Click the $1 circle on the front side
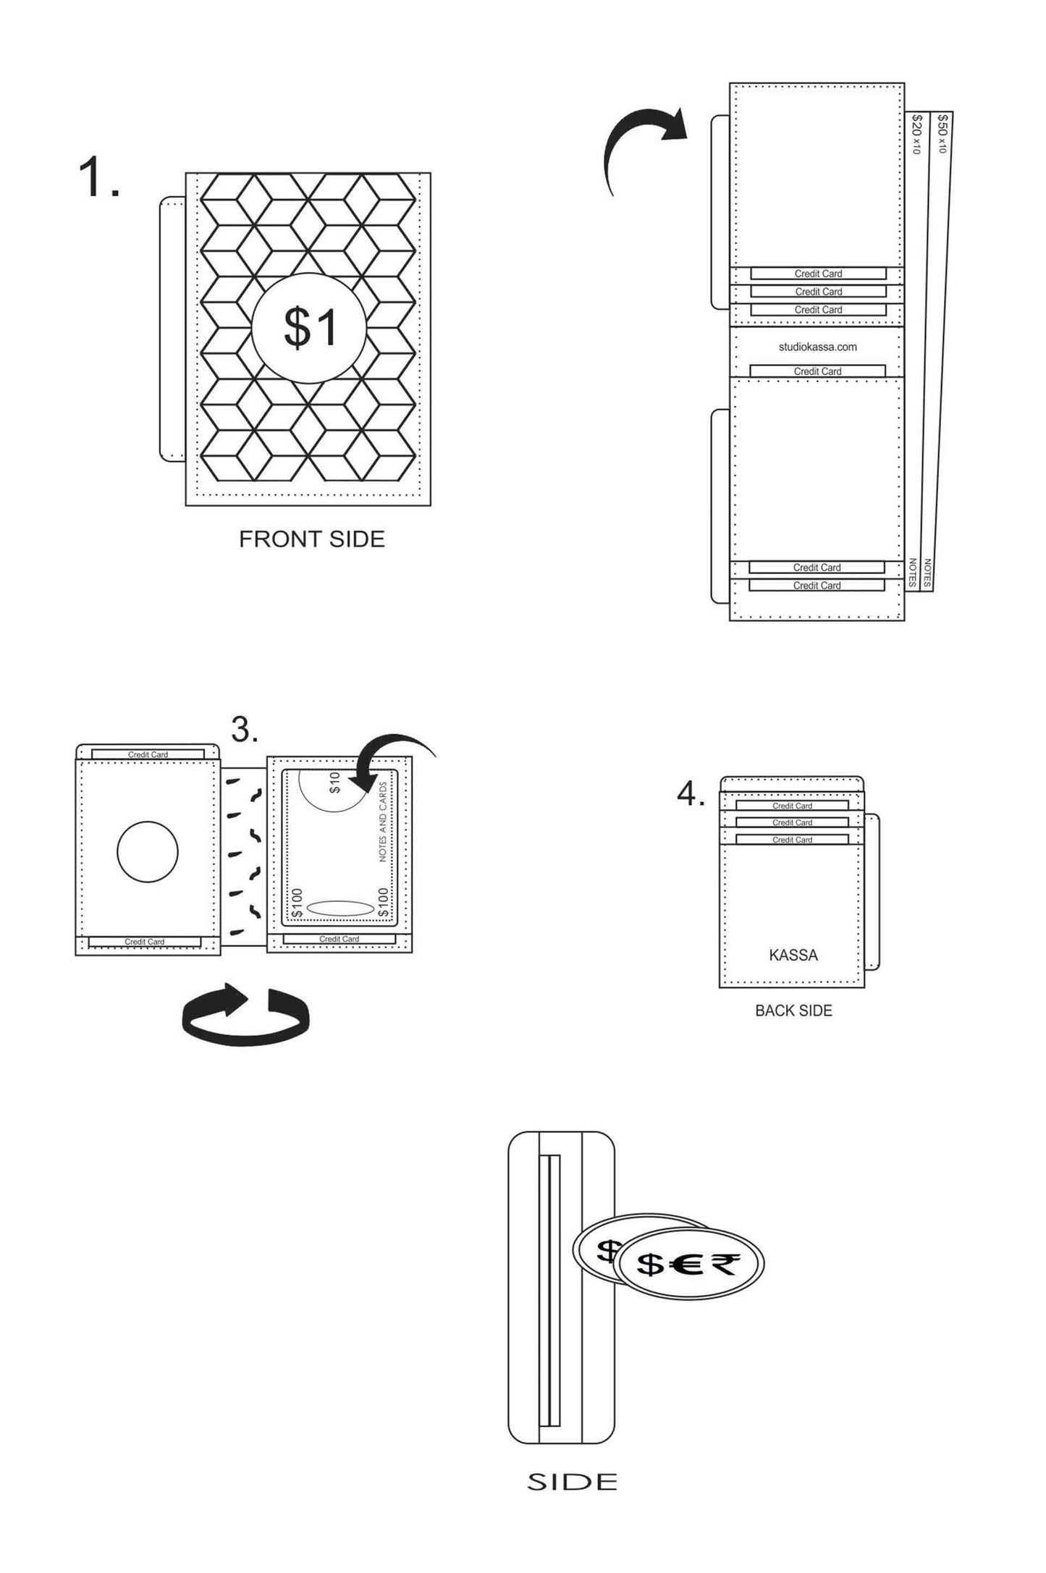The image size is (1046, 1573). coord(309,328)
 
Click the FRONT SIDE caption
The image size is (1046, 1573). coord(312,539)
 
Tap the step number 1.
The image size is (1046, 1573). coord(98,178)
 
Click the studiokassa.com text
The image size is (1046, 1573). coord(817,347)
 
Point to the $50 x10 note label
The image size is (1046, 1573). coord(941,133)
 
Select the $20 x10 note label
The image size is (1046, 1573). coord(916,134)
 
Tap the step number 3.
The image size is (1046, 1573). coord(245,729)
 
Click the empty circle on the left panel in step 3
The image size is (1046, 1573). coord(148,851)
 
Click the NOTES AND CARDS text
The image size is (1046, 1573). coord(383,822)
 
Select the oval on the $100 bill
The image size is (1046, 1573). coord(340,908)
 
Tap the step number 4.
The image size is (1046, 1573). coord(691,794)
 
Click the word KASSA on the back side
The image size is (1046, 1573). coord(793,955)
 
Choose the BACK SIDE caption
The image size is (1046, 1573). coord(793,1011)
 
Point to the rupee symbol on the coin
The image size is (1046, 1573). coord(725,1263)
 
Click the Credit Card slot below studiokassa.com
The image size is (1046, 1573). coord(817,371)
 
